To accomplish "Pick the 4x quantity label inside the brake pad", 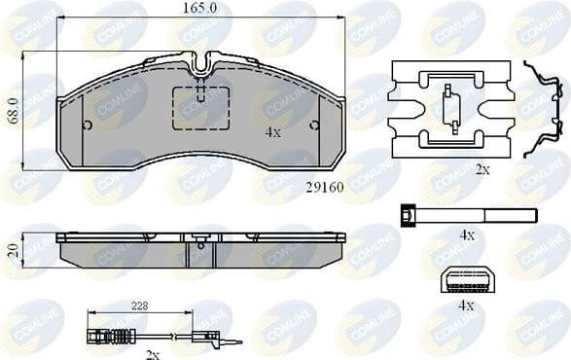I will coord(273,131).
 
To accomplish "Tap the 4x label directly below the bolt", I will coord(466,235).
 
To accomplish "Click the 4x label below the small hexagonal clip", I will coord(466,305).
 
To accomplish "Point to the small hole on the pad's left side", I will coord(88,125).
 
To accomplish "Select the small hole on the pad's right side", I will coord(313,125).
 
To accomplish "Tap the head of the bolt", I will coord(408,217).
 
